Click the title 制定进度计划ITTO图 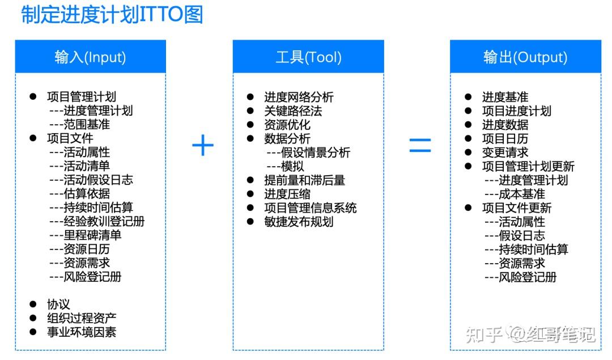click(x=112, y=14)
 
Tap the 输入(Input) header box click(x=91, y=56)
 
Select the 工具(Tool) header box click(x=308, y=56)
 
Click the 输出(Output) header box click(x=525, y=56)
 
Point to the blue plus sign click(x=203, y=145)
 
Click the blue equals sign click(x=420, y=145)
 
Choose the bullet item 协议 click(x=58, y=304)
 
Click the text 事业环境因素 click(x=82, y=332)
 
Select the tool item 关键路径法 click(x=293, y=111)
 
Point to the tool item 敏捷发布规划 click(x=299, y=222)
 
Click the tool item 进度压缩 click(x=287, y=194)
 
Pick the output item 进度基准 click(x=505, y=97)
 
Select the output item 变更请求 click(x=505, y=153)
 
